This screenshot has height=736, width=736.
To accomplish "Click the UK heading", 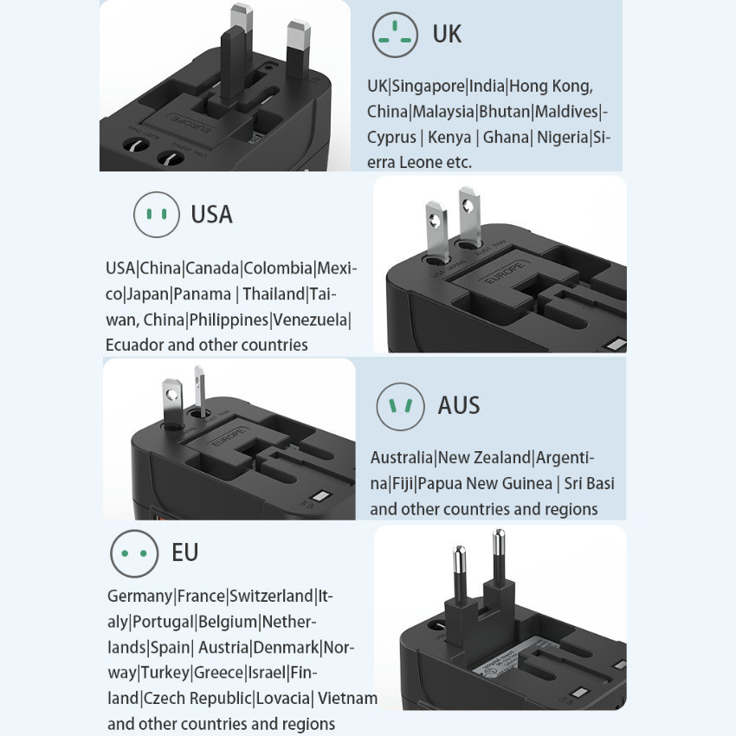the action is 447,35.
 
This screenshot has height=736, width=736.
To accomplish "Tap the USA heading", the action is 211,215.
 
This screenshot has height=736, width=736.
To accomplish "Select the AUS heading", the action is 459,405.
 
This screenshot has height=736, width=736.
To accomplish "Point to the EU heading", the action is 185,552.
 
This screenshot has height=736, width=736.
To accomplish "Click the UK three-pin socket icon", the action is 395,35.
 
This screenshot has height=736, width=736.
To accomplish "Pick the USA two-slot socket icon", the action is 157,215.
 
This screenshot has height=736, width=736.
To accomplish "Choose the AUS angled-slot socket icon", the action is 400,406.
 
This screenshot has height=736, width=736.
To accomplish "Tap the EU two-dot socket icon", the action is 134,553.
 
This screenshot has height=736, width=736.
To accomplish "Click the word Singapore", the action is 428,87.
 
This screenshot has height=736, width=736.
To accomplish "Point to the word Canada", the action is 212,268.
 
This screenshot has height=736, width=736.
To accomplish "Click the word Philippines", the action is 229,320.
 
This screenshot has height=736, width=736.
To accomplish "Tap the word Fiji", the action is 403,483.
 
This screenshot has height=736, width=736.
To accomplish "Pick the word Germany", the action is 140,597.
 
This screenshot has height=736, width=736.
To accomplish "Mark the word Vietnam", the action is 347,698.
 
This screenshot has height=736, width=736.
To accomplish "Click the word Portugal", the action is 163,623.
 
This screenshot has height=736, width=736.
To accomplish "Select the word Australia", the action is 402,458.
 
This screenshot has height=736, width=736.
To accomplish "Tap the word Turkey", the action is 165,673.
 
